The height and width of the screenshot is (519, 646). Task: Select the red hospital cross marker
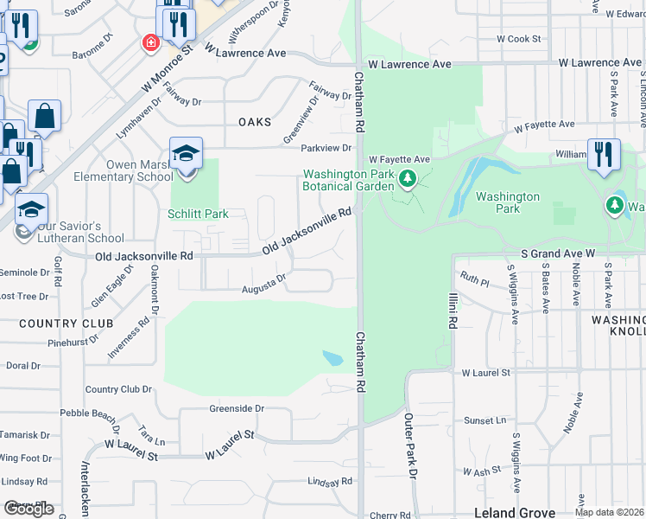(151, 42)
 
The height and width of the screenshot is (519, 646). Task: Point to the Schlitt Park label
(198, 214)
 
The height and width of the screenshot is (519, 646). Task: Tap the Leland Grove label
(516, 512)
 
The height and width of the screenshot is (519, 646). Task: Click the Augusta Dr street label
(263, 284)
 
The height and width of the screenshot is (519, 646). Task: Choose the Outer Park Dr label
(412, 446)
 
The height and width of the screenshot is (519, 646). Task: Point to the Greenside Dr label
(236, 408)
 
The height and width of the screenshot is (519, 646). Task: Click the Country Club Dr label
(118, 389)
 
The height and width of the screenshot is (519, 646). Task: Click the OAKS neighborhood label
(255, 122)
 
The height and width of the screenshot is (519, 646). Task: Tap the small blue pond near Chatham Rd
(332, 358)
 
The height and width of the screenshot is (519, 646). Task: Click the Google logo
(28, 509)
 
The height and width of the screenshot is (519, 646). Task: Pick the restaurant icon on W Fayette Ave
(604, 155)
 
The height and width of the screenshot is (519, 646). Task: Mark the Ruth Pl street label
(474, 279)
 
